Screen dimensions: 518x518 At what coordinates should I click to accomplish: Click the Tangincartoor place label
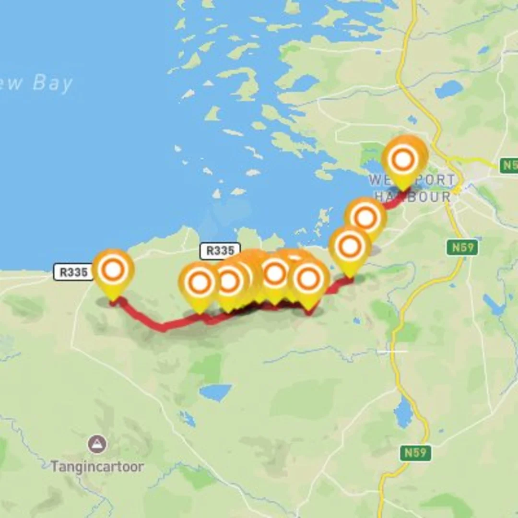[97, 466]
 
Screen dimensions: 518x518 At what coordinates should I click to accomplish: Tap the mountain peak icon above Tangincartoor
[97, 444]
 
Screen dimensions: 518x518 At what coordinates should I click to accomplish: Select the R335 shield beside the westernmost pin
[73, 272]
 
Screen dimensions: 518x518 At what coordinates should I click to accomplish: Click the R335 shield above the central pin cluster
[220, 250]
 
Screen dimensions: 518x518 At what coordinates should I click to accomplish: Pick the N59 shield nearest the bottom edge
[415, 453]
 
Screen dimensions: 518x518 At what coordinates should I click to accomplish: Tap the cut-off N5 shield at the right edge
[508, 166]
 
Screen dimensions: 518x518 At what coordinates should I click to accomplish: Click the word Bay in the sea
[53, 83]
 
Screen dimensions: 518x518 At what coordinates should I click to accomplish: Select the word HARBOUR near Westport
[412, 197]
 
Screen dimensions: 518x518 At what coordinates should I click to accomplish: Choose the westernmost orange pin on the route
[113, 271]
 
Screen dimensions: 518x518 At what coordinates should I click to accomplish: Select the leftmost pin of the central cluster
[200, 283]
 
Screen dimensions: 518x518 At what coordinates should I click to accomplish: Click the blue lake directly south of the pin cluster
[216, 392]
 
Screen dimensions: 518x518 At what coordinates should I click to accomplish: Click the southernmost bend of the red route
[164, 328]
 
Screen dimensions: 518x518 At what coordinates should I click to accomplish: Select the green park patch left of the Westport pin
[370, 153]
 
